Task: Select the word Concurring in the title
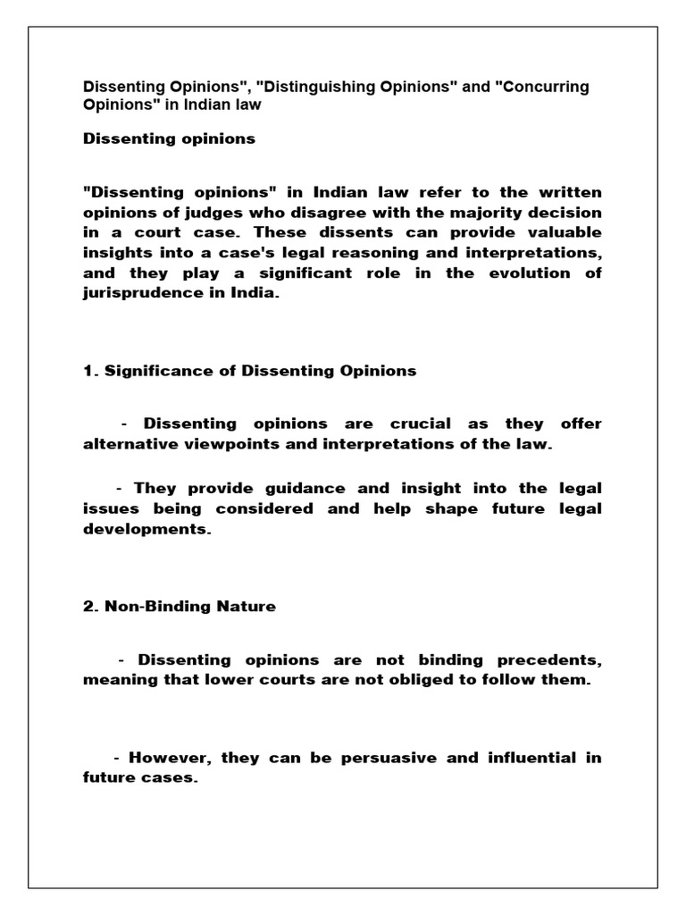coord(542,88)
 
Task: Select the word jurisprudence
coord(135,294)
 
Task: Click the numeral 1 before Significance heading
coord(88,370)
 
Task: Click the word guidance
coord(300,488)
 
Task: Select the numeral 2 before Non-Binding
coord(88,606)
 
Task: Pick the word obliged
coord(440,680)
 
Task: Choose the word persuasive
coord(374,758)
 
